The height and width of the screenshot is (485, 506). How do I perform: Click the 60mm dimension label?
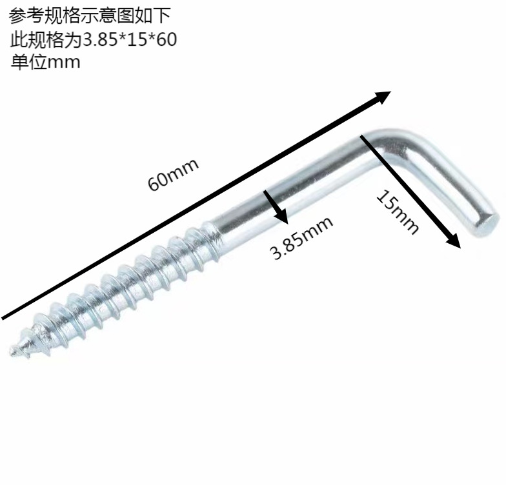[173, 173]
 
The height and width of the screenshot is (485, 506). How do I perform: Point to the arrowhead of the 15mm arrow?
[454, 241]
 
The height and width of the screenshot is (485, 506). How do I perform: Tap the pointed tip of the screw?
[13, 351]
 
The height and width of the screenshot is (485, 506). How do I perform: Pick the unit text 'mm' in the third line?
[64, 62]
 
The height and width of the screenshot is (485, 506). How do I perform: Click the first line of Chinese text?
[91, 14]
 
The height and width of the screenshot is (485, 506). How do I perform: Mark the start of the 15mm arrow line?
[363, 135]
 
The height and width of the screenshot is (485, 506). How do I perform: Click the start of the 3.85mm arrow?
[265, 192]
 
